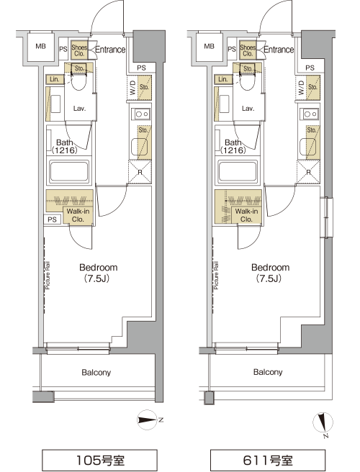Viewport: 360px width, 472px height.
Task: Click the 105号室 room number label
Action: click(99, 460)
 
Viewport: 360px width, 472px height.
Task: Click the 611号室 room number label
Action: click(268, 460)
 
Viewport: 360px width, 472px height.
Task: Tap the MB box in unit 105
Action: click(40, 47)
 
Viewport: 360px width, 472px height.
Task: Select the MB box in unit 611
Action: click(209, 47)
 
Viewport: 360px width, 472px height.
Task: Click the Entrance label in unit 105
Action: click(110, 50)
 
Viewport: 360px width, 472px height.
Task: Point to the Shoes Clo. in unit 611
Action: click(248, 50)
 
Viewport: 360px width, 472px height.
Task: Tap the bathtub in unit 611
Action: click(238, 171)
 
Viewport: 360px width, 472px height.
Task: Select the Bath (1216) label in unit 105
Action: click(65, 146)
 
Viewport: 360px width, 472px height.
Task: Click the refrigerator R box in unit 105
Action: click(140, 171)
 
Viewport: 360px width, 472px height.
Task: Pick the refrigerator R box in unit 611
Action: click(308, 171)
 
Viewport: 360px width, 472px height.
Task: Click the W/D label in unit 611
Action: click(301, 88)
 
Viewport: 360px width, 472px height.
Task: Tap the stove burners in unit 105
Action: click(142, 114)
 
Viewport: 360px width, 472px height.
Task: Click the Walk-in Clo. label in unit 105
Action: click(78, 215)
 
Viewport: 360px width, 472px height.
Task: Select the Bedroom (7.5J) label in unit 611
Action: click(270, 273)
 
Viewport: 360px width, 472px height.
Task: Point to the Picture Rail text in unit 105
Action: click(48, 276)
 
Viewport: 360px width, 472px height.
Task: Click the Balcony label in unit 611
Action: click(268, 373)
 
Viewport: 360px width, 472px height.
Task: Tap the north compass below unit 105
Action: click(148, 419)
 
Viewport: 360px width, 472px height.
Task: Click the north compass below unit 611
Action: click(323, 424)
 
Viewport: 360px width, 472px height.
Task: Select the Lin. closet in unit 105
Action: click(55, 79)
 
